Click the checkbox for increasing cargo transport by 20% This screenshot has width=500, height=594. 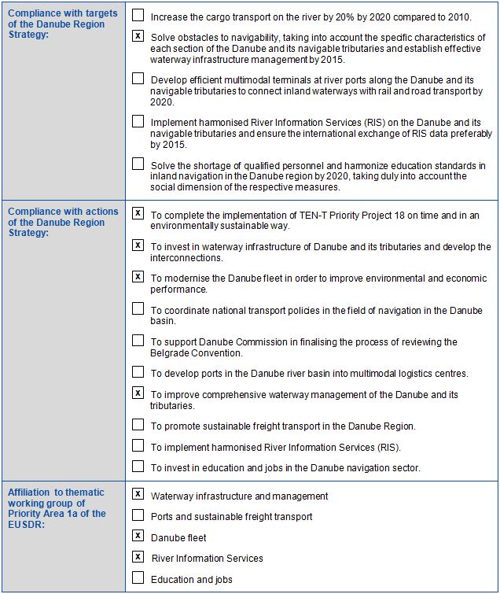pos(138,15)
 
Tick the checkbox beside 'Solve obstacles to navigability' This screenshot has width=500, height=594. pos(138,36)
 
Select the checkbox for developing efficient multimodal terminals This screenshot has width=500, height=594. pos(138,79)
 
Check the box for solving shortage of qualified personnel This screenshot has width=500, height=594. pos(138,164)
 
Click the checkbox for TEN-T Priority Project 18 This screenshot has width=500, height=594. pos(138,213)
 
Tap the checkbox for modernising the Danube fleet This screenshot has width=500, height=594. pos(138,277)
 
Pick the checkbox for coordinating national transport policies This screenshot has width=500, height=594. pos(138,308)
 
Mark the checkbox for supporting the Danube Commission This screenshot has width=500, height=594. pos(138,341)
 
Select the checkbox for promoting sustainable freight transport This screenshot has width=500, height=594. pos(138,425)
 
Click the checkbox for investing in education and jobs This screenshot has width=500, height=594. pos(138,467)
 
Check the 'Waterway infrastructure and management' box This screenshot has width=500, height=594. pos(138,494)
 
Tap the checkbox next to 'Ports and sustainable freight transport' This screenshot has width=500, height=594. pos(138,515)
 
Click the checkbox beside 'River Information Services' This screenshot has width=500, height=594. pos(138,557)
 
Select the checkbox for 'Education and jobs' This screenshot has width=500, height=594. pos(138,578)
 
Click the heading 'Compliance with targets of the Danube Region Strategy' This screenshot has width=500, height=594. pos(62,24)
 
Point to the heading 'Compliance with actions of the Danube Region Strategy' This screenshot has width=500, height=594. pos(62,222)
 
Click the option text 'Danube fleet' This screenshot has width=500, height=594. pos(179,537)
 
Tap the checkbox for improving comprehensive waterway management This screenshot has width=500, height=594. pos(138,393)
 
